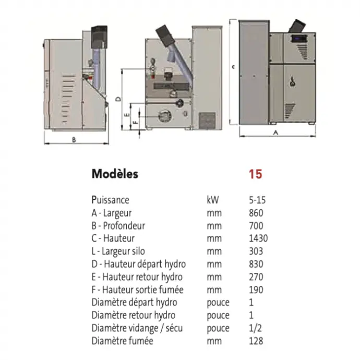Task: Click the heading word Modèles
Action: point(115,174)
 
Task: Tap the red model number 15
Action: point(255,174)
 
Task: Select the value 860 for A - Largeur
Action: point(256,213)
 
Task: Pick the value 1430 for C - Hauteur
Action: point(258,238)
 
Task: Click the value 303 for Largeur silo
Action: point(256,251)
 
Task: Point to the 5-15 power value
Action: point(257,200)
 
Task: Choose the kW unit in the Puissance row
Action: point(212,200)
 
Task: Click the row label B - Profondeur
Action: point(118,226)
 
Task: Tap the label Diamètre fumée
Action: point(123,341)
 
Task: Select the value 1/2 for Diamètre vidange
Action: point(255,328)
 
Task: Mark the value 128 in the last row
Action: point(256,341)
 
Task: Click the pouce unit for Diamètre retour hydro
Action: point(218,316)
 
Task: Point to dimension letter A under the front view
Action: point(276,133)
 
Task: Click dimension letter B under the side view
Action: point(74,140)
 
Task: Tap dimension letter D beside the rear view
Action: point(118,99)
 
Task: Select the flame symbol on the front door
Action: point(293,81)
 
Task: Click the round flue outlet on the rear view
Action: point(165,116)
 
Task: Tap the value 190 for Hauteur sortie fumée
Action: point(256,290)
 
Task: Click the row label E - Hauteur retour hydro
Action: point(137,277)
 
